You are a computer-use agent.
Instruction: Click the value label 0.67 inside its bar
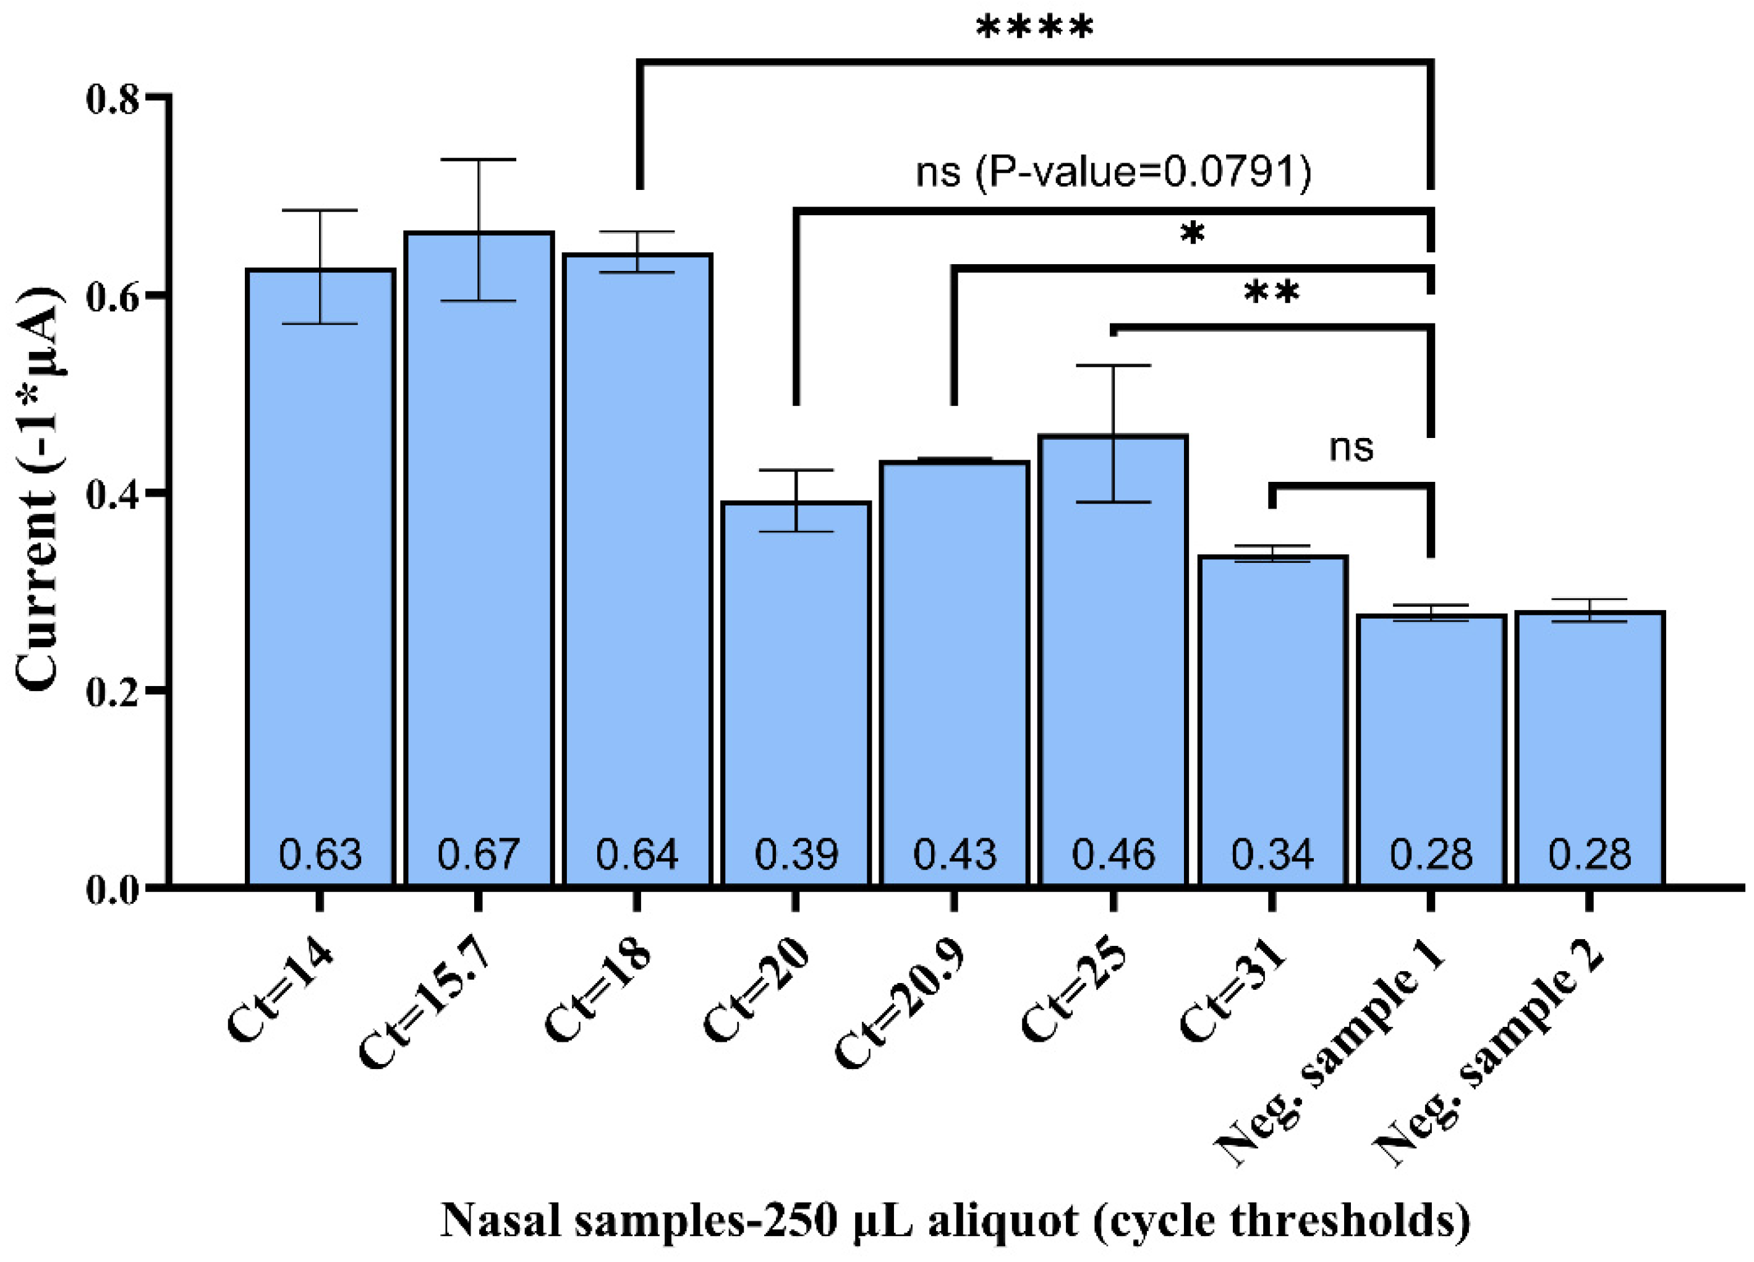[478, 854]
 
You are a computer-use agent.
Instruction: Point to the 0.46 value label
[1113, 854]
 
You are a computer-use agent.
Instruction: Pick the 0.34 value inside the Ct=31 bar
[1272, 854]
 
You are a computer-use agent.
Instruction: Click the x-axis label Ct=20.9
[901, 1006]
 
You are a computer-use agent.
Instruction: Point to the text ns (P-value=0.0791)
[1113, 172]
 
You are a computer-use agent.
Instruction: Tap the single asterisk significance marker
[1193, 233]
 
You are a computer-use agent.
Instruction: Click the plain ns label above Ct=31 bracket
[1350, 447]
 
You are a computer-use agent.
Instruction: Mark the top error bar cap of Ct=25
[1113, 365]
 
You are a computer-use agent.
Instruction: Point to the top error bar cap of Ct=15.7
[479, 160]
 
